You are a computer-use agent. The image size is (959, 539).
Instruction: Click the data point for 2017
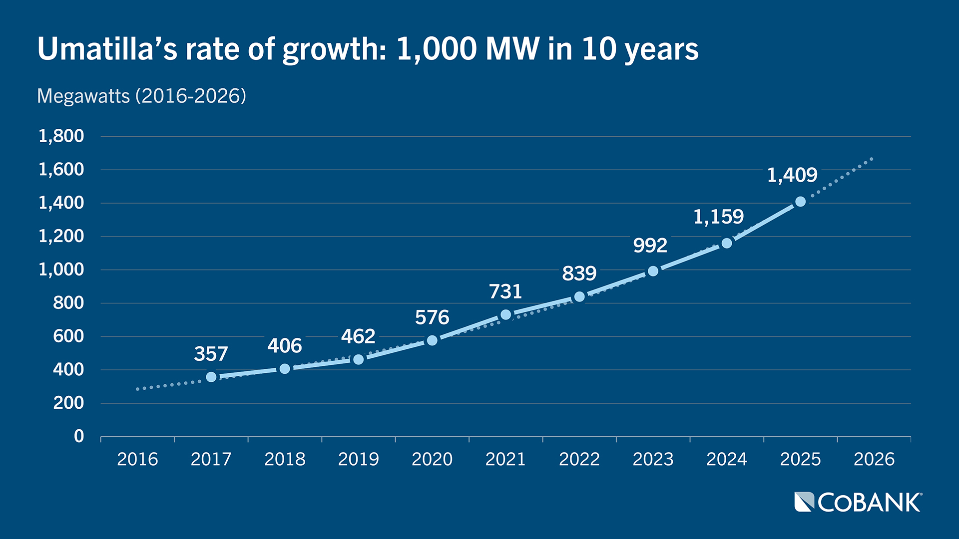[x=211, y=377]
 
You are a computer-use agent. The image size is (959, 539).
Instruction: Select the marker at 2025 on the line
[x=800, y=202]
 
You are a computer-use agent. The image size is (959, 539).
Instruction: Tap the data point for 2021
[x=505, y=314]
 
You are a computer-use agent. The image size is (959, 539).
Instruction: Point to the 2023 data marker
[x=653, y=271]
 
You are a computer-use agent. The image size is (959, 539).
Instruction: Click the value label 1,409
[x=792, y=175]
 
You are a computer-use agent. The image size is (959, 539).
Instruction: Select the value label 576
[x=432, y=317]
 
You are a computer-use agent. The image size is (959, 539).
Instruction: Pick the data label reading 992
[x=650, y=246]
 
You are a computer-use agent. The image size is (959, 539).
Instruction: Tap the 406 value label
[x=285, y=346]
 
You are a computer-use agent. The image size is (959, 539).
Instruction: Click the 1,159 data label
[x=718, y=217]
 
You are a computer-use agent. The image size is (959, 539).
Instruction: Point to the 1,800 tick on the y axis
[x=61, y=136]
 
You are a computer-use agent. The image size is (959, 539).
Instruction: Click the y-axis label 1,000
[x=61, y=269]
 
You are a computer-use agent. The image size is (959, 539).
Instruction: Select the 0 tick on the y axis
[x=79, y=436]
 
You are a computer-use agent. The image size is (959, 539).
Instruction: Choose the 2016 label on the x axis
[x=137, y=459]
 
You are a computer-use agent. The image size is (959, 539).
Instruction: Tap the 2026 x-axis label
[x=874, y=459]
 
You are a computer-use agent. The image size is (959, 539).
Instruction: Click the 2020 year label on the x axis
[x=432, y=459]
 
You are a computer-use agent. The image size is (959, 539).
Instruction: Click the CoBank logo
[x=858, y=502]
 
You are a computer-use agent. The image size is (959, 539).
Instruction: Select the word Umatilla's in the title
[x=107, y=49]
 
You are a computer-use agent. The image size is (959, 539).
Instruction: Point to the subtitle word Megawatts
[x=83, y=96]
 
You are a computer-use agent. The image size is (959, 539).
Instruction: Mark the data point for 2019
[x=358, y=359]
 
